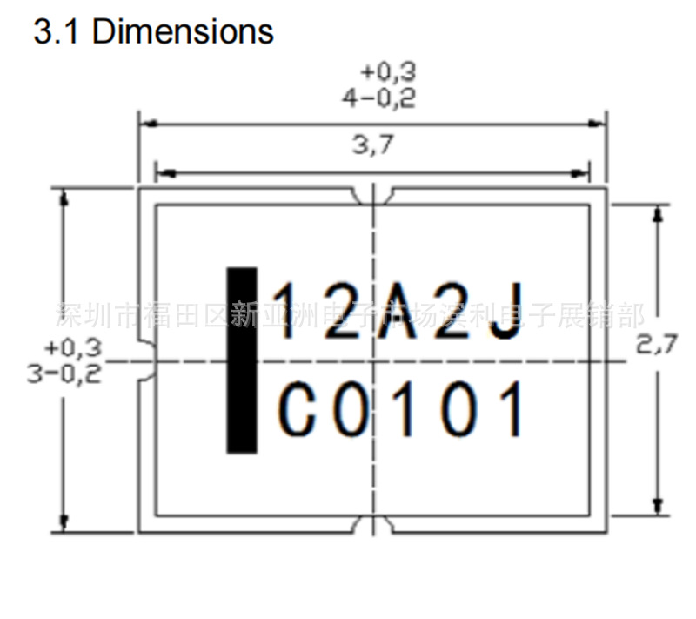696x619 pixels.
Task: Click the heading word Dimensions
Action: [x=183, y=32]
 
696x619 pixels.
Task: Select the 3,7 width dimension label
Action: [x=372, y=145]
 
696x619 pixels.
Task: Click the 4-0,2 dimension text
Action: [x=378, y=98]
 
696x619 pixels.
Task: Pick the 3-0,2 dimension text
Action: [x=64, y=373]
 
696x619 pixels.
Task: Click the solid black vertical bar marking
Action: [x=242, y=360]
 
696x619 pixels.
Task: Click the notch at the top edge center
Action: [x=373, y=197]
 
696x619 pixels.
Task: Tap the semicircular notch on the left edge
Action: [x=146, y=360]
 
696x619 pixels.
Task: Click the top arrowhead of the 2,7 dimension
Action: [x=659, y=212]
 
